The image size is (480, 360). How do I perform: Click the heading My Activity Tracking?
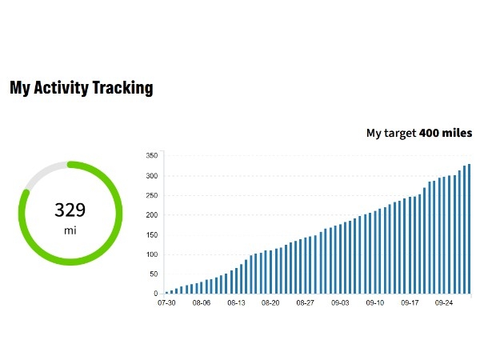point(81,88)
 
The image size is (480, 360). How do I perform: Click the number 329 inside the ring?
point(70,210)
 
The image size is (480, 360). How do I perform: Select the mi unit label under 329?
point(70,230)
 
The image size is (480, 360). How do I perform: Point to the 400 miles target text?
point(446,133)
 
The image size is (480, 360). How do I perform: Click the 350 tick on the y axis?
point(150,156)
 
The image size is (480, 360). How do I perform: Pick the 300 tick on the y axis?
point(150,176)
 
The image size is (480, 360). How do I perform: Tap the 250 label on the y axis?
point(150,195)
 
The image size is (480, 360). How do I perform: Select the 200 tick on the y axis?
point(150,215)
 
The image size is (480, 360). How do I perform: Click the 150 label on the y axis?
point(150,235)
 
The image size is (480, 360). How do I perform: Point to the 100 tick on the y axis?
point(150,254)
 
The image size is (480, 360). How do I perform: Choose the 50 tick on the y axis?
point(152,274)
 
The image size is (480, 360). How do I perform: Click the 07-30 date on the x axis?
point(166,304)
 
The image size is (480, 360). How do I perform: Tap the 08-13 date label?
point(236,304)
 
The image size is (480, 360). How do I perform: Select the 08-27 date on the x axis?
point(306,304)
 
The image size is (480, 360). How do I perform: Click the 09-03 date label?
point(341,304)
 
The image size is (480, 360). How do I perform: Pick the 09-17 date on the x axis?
point(410,304)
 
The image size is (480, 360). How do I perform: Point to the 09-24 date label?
point(445,304)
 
